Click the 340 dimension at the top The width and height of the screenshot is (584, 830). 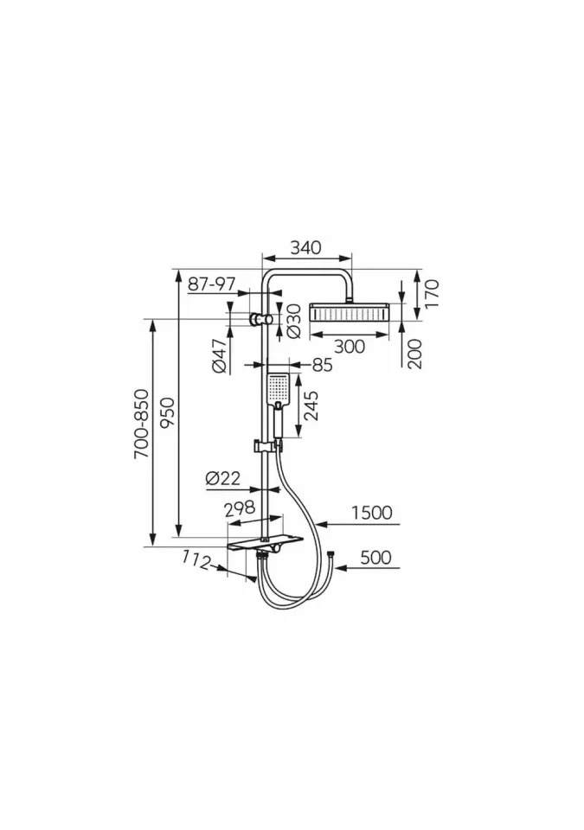(305, 248)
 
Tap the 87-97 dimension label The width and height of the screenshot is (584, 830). (211, 284)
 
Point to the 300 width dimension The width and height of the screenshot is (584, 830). (350, 346)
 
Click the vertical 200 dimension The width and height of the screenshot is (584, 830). (415, 354)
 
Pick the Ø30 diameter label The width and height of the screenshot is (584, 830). (293, 322)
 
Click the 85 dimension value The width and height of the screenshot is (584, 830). (322, 365)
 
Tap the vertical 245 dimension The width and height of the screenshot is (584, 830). (312, 405)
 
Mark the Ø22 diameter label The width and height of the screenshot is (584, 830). (222, 478)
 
